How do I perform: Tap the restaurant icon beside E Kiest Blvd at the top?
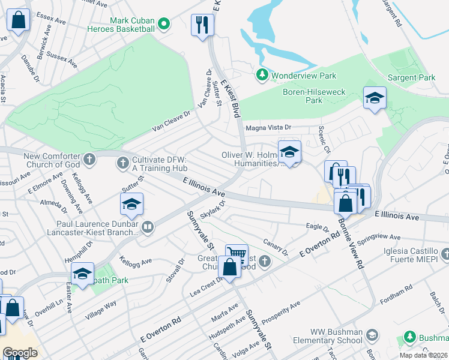point(202,25)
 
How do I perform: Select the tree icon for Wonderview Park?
point(262,75)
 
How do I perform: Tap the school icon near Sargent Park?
point(375,98)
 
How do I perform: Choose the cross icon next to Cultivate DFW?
point(122,162)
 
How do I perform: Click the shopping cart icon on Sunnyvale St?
point(237,254)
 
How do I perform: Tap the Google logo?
point(20,353)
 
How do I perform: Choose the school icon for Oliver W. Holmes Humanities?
point(289,152)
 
